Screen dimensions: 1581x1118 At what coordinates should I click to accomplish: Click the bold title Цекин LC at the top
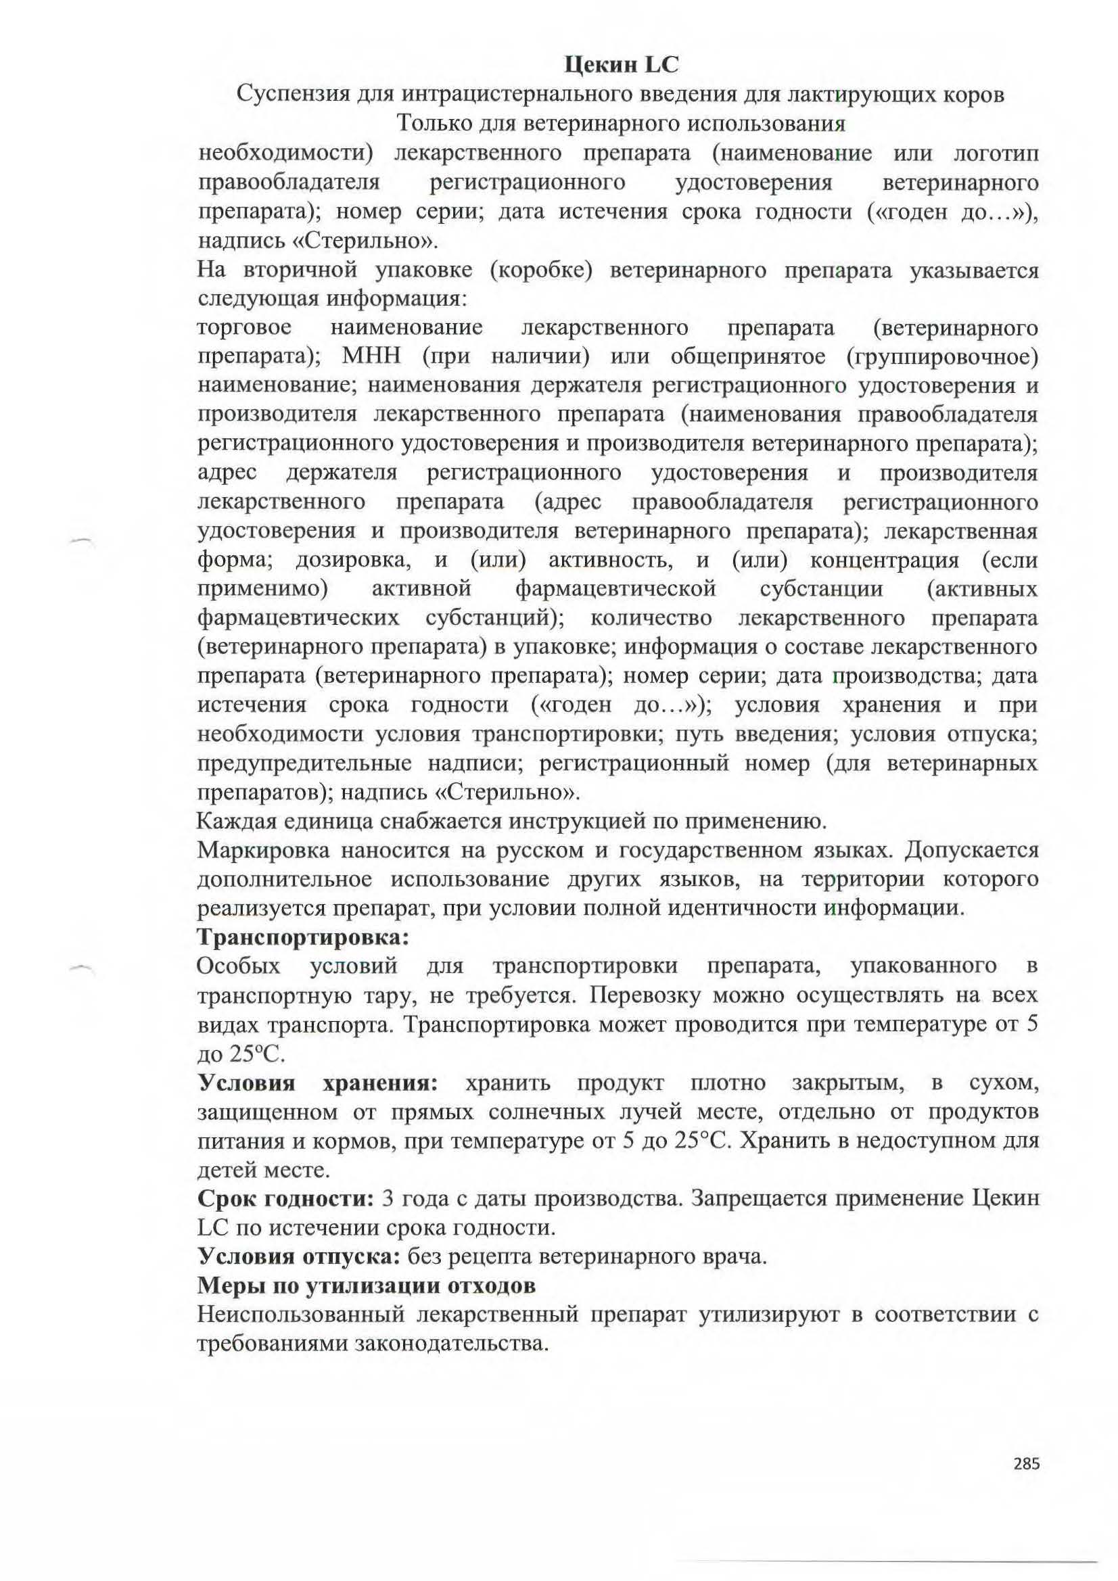click(x=622, y=65)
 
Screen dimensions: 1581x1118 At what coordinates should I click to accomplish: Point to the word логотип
click(x=996, y=153)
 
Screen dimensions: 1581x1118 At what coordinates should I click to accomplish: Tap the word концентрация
click(x=885, y=560)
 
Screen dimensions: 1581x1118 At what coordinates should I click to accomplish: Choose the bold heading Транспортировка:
click(x=303, y=937)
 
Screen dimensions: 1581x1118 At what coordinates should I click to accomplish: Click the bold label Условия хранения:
click(x=318, y=1083)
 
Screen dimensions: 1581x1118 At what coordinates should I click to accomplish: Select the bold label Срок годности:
click(x=285, y=1199)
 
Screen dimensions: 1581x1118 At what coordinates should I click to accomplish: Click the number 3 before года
click(x=387, y=1199)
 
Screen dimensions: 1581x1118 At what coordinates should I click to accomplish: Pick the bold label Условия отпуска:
click(x=298, y=1256)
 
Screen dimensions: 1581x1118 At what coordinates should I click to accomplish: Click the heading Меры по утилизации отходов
click(x=367, y=1285)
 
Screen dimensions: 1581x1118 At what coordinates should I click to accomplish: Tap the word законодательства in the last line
click(x=451, y=1344)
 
